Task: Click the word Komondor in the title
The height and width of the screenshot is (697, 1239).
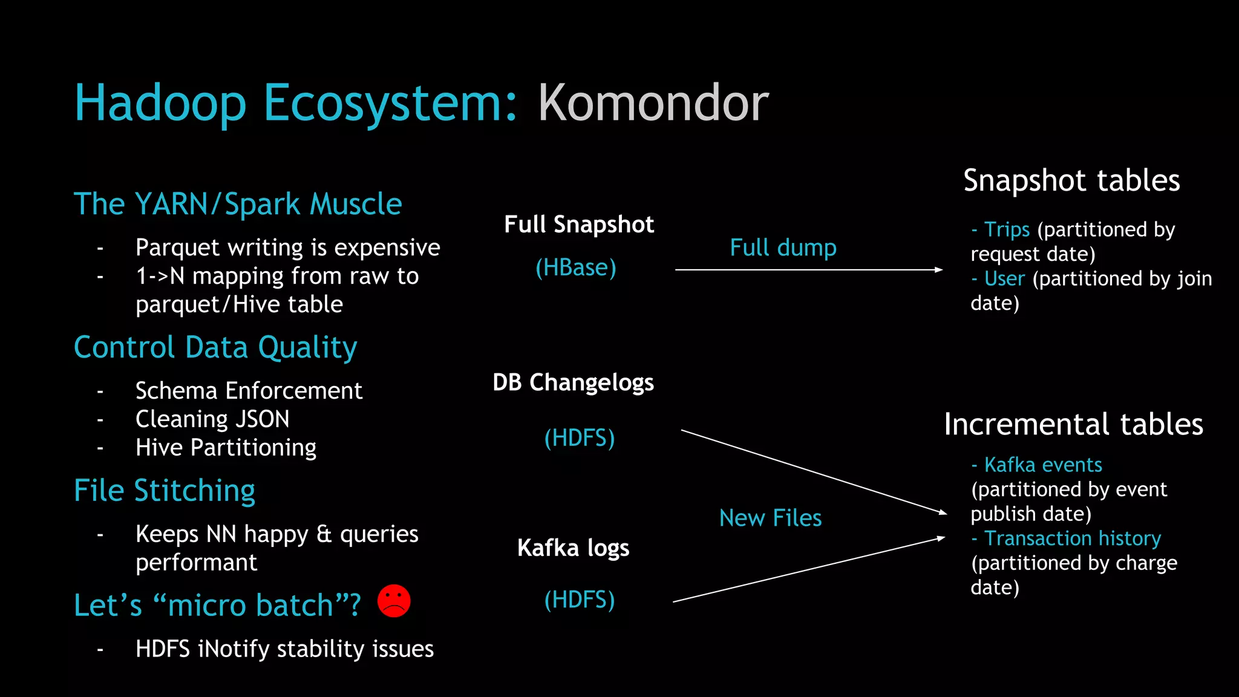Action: tap(653, 103)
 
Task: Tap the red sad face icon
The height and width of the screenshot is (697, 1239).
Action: tap(394, 601)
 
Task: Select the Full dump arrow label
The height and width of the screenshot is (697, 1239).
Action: tap(783, 247)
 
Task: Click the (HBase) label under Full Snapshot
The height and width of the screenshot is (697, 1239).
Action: tap(576, 267)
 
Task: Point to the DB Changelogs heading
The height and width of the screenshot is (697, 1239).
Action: tap(573, 382)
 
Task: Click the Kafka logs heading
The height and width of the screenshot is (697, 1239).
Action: tap(573, 548)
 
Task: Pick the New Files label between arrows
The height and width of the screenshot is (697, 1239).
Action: tap(770, 518)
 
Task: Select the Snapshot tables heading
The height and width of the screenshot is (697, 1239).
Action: tap(1071, 180)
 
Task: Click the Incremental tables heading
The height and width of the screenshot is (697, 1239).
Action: tap(1073, 424)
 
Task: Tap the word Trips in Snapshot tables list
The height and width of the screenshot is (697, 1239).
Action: tap(1007, 229)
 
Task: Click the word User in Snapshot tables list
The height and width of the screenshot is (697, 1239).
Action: tap(1004, 278)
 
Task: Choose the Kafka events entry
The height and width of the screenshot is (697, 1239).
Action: tap(1042, 465)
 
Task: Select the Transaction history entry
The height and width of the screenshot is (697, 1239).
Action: tap(1072, 538)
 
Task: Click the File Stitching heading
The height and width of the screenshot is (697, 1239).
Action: tap(165, 490)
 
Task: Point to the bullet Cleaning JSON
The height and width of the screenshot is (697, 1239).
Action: tap(212, 419)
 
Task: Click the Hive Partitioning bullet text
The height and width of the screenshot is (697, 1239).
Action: tap(226, 447)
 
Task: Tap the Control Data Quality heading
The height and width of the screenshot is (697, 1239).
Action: tap(215, 347)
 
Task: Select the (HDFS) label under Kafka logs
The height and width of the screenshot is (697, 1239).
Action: tap(579, 600)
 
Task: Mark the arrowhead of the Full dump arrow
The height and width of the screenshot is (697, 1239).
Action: tap(939, 270)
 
